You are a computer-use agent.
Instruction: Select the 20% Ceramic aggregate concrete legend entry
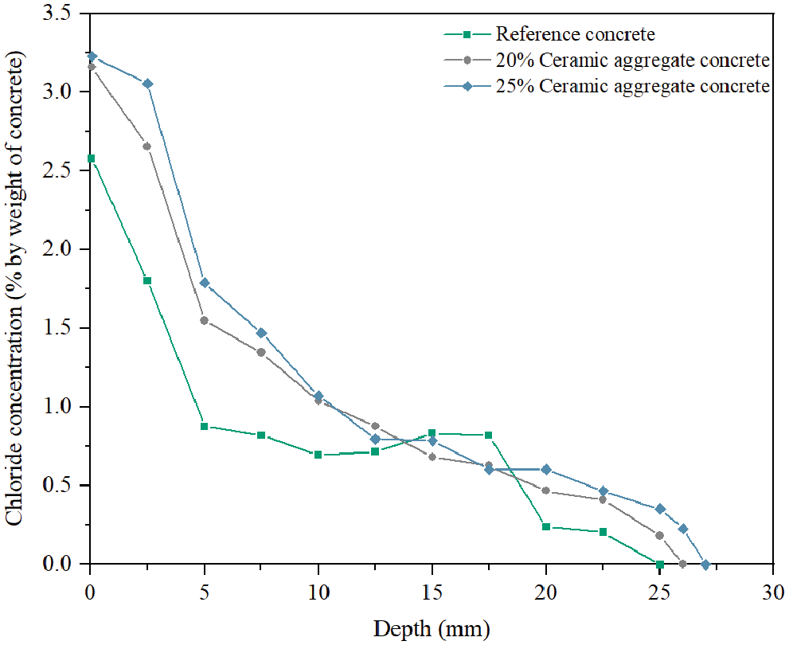(x=631, y=61)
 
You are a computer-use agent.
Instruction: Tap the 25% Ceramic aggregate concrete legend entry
(x=631, y=86)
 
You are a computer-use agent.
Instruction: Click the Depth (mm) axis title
(x=432, y=629)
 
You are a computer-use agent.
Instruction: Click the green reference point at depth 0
(x=91, y=158)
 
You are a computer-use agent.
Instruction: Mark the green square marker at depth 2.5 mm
(x=147, y=280)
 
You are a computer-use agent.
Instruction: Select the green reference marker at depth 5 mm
(x=205, y=427)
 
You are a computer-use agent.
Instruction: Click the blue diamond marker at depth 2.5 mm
(x=147, y=84)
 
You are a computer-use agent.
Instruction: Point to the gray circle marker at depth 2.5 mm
(x=147, y=147)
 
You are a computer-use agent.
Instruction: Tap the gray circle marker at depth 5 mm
(x=205, y=321)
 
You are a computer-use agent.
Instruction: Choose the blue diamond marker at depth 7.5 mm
(x=261, y=333)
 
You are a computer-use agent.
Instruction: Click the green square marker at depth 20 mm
(x=546, y=526)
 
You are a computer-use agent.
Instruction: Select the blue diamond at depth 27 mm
(x=705, y=565)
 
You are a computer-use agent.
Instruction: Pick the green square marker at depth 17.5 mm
(x=489, y=435)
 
